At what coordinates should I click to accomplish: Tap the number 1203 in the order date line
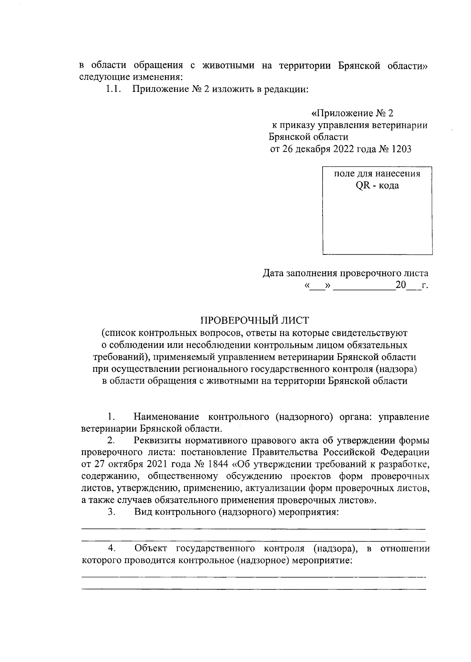point(401,149)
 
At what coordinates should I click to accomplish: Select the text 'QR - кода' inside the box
point(377,186)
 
